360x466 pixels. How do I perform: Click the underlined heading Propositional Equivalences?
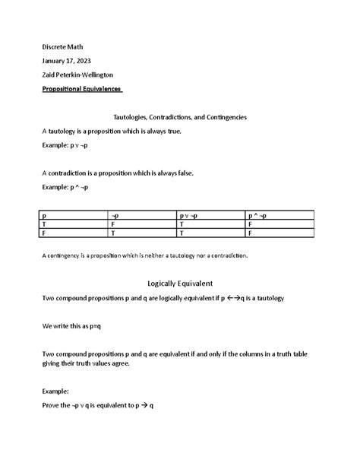(x=83, y=89)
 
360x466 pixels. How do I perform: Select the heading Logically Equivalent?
(x=180, y=283)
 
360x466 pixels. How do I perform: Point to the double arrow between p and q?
(x=233, y=298)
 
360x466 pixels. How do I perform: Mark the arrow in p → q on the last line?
(x=142, y=405)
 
